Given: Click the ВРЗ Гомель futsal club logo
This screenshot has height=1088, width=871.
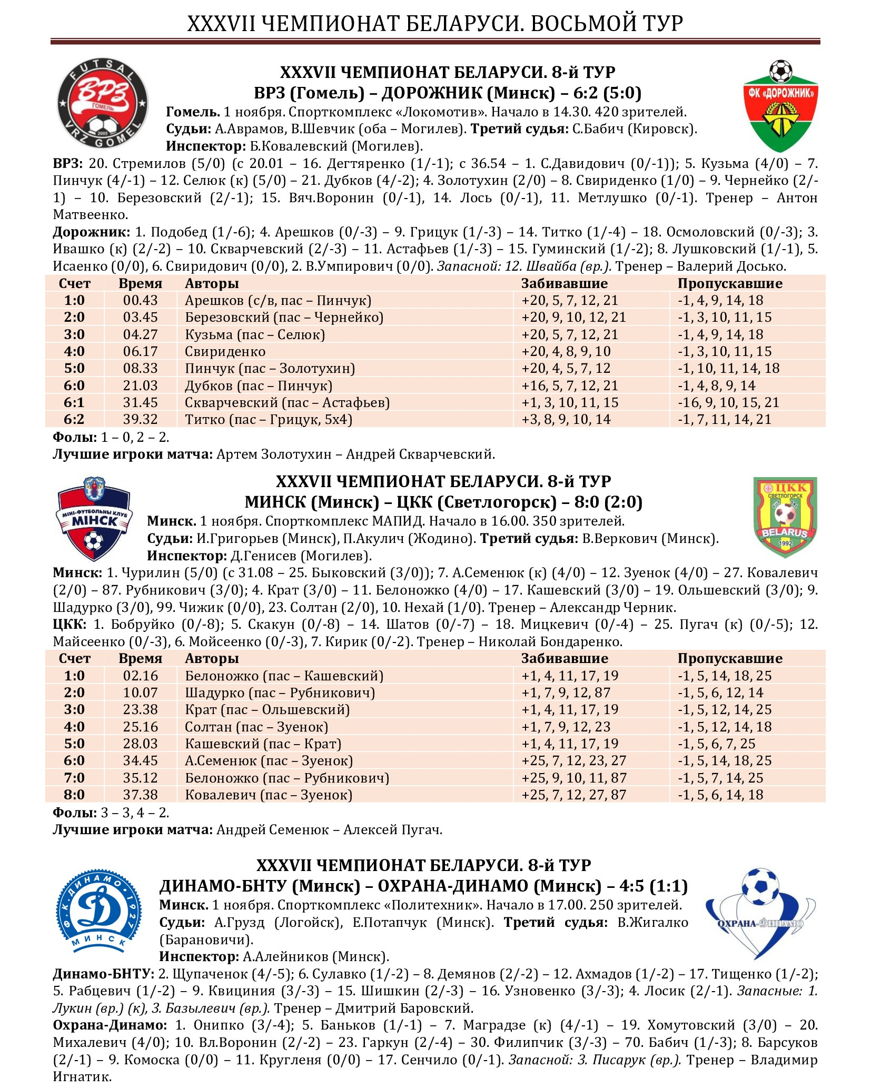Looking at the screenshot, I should [x=102, y=105].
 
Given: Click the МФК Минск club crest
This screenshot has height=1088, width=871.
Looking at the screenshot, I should [x=94, y=519].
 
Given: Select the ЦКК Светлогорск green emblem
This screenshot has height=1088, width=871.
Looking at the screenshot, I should [x=785, y=517].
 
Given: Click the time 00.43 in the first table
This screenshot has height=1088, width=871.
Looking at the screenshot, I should [x=140, y=301].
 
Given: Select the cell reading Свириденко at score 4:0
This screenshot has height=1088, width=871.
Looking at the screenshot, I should [x=225, y=352].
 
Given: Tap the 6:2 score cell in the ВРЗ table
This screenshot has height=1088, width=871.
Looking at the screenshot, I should [x=74, y=420].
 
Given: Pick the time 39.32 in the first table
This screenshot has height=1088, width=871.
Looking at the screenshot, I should [x=140, y=420].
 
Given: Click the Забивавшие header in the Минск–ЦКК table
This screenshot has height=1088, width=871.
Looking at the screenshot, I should [x=565, y=659].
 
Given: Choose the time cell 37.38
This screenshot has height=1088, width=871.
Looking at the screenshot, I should [x=140, y=795].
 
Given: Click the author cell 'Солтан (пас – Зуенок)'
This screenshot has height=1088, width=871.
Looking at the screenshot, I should [x=256, y=727].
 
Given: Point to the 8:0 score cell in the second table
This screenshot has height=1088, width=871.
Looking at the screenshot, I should [x=74, y=795].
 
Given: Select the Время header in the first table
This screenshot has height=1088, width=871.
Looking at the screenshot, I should [x=140, y=284].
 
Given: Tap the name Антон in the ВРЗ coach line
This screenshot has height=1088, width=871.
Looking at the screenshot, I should [x=797, y=198].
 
